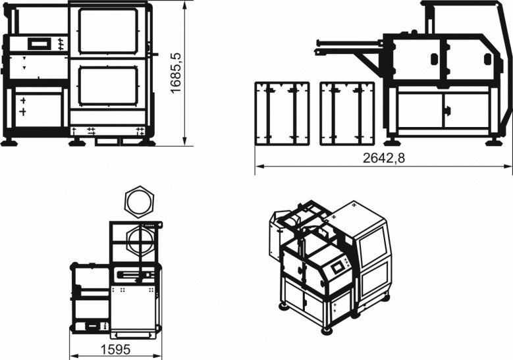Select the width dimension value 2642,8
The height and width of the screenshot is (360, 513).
coord(383,158)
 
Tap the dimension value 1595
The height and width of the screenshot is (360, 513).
coord(115,349)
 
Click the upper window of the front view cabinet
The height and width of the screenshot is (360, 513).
coord(108,31)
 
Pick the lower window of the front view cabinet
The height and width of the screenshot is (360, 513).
coord(108,86)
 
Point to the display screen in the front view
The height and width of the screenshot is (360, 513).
coord(40,43)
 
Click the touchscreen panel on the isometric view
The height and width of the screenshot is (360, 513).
coord(337,267)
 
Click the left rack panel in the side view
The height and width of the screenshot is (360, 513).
coord(282,113)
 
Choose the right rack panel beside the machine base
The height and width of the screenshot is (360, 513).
coord(347,113)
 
